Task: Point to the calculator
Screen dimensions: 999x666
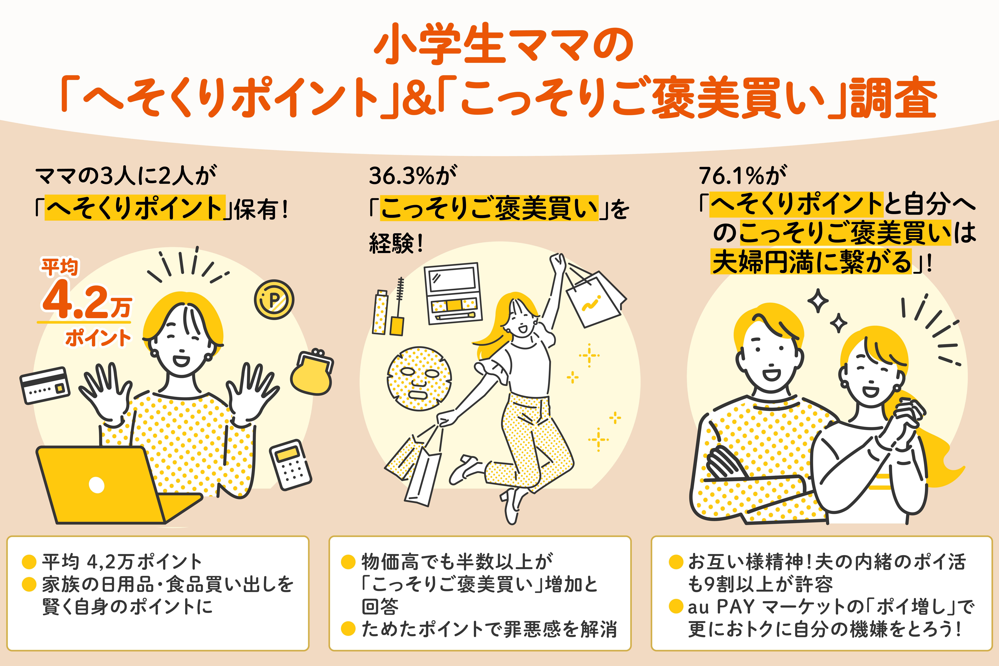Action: tap(291, 464)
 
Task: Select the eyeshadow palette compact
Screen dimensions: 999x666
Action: tap(453, 293)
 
